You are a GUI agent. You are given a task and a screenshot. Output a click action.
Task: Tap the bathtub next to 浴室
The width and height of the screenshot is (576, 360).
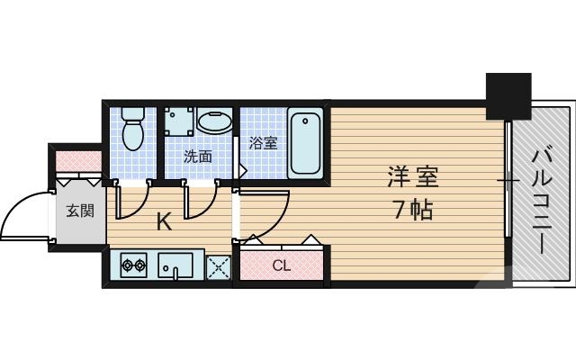click(x=306, y=143)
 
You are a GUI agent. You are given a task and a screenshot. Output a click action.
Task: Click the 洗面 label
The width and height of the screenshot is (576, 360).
click(x=197, y=156)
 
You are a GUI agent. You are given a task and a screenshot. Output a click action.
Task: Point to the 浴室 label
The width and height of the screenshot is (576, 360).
click(x=263, y=142)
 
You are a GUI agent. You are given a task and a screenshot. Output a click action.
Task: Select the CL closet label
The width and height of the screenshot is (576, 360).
click(x=281, y=265)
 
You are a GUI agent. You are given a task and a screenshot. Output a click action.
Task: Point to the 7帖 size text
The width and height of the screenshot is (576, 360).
click(x=413, y=210)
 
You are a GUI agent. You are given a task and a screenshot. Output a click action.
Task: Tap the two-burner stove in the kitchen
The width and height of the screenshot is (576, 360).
click(x=134, y=265)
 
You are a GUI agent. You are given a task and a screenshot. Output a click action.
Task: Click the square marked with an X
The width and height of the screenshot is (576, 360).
click(x=218, y=266)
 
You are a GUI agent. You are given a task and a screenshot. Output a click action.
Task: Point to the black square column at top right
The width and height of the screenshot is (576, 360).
click(x=509, y=95)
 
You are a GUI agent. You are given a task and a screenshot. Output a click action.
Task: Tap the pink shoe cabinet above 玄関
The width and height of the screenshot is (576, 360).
click(x=78, y=162)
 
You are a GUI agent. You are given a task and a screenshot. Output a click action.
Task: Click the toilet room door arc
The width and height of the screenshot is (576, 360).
click(x=131, y=203)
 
